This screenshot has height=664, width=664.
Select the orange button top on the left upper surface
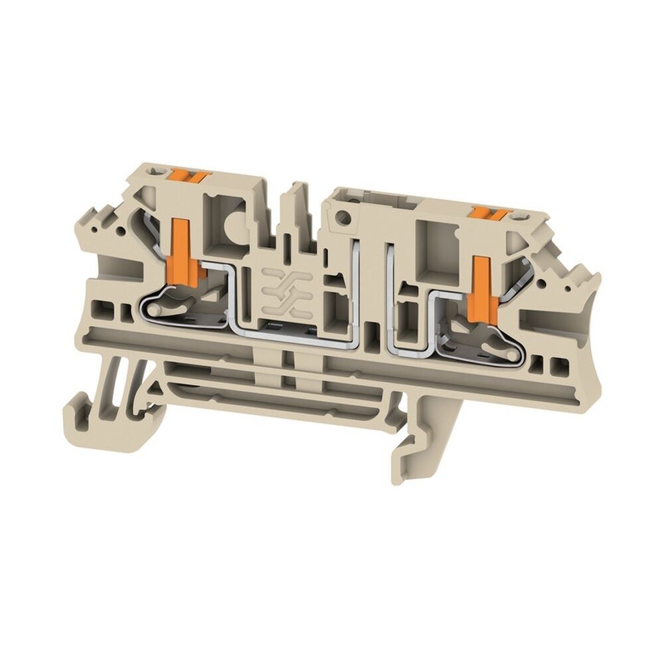(x=189, y=176)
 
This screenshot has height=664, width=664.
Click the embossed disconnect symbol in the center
(x=286, y=293)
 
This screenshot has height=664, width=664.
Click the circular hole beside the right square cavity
(x=343, y=215)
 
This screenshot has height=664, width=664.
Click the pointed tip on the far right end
(x=593, y=279)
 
